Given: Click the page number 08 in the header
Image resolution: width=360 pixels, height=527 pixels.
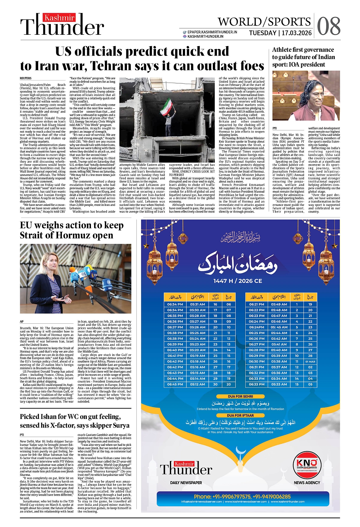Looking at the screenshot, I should point(329,26).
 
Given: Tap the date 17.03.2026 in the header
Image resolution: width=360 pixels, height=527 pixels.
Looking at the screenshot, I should point(297,33).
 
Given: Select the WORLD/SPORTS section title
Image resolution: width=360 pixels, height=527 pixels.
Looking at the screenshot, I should point(264,22).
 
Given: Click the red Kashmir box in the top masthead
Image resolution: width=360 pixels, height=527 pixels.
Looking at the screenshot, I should point(59,18).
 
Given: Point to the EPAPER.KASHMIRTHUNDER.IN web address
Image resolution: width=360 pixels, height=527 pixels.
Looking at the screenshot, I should point(212,32).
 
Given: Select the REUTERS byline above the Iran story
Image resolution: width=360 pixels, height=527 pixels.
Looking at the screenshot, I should point(26,78).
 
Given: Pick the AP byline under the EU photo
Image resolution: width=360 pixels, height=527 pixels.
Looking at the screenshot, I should point(22,321).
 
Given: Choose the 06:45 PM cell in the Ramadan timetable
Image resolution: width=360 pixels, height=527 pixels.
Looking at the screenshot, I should point(175,384).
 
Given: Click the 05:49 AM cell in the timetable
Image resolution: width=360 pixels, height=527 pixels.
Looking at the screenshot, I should point(279,304).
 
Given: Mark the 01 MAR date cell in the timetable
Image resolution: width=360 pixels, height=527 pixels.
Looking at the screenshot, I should point(310,362).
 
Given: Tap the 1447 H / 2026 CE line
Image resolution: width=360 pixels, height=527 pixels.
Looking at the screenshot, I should point(237,281).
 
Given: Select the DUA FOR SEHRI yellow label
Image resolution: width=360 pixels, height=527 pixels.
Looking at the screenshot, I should point(241,396).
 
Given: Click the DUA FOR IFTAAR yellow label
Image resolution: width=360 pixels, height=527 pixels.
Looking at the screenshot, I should point(241,416).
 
